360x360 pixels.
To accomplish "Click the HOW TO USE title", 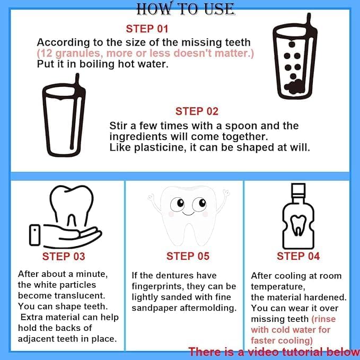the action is (186, 8).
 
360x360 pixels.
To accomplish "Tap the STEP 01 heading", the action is (147, 29).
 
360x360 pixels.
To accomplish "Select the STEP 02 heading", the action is (197, 111).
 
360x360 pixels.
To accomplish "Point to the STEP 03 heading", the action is (64, 257).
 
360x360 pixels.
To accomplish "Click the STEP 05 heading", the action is (188, 256).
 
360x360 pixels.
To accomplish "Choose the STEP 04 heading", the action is (298, 256).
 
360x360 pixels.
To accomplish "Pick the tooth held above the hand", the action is (72, 206).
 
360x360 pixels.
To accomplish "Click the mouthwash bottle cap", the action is (298, 190).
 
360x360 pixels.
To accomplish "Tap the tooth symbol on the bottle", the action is (298, 225).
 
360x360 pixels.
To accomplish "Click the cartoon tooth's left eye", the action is (178, 204).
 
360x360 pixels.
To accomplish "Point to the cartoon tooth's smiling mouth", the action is (189, 214).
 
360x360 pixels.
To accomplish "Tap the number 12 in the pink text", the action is (46, 53).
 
